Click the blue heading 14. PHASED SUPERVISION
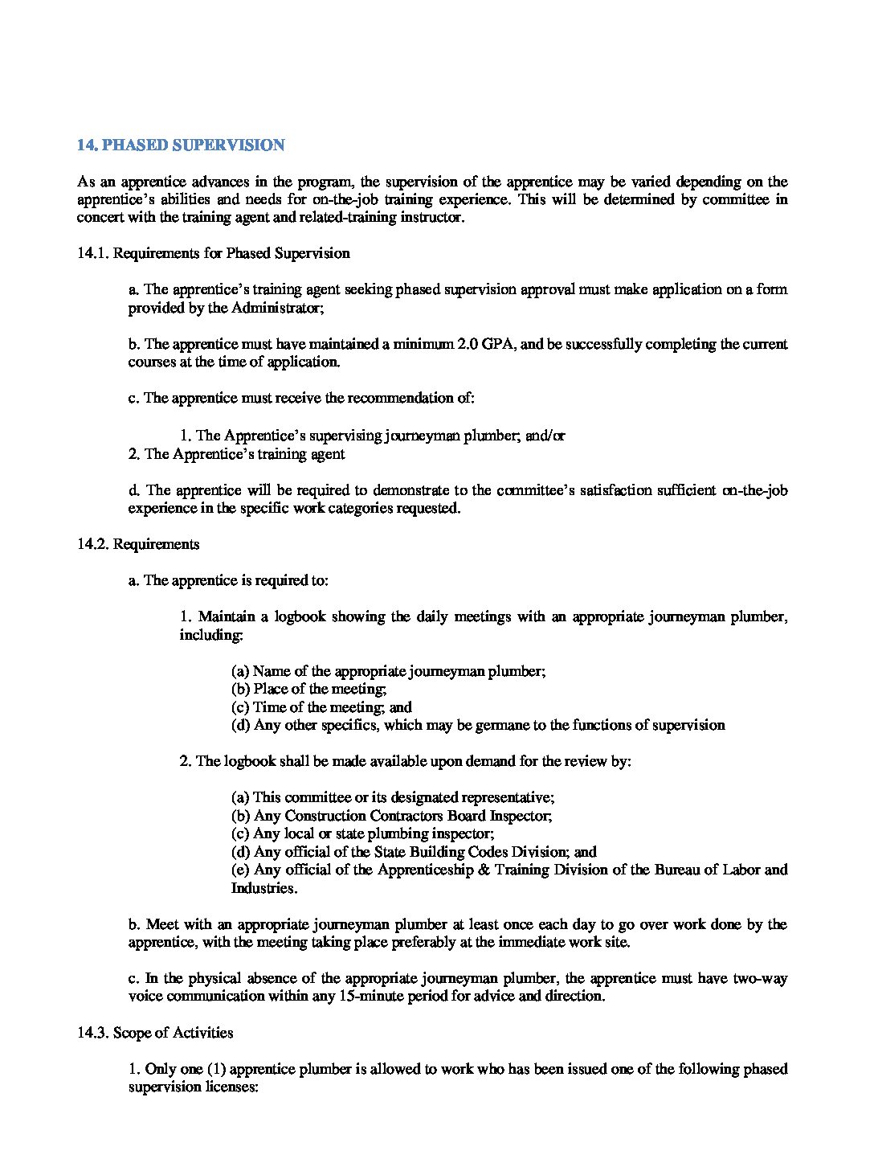(181, 145)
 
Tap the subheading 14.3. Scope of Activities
(155, 1033)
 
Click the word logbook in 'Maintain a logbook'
(299, 616)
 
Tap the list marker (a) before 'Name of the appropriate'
(240, 671)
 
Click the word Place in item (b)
(269, 689)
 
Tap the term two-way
(760, 978)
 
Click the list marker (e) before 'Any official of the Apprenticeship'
(240, 870)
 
